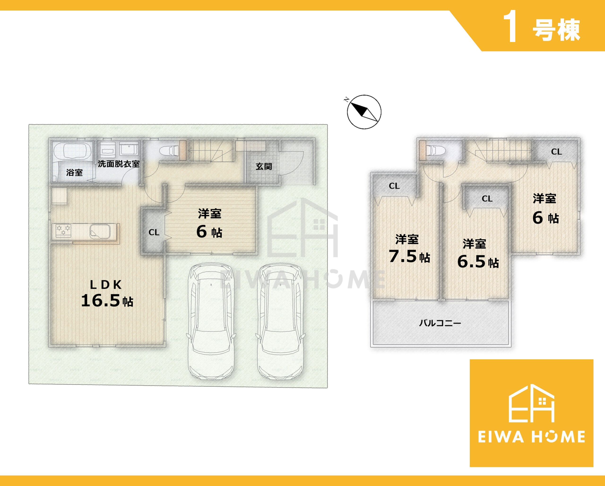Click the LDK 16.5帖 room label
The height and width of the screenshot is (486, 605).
107,293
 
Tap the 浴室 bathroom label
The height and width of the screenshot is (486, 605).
74,172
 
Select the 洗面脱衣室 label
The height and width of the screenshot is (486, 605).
118,164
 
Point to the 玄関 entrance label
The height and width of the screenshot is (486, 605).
264,166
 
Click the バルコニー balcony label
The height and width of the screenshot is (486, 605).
440,323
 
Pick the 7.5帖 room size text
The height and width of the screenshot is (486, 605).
409,256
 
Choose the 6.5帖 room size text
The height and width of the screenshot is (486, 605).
478,262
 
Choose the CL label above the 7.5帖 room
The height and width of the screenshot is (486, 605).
394,186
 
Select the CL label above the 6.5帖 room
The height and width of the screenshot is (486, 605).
487,199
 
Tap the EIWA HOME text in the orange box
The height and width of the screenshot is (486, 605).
532,437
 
